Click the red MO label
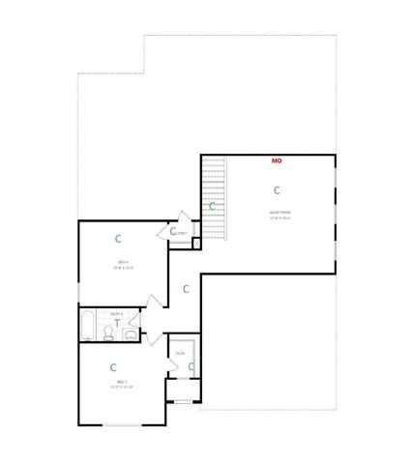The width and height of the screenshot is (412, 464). [x=277, y=160]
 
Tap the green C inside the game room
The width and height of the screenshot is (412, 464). [x=277, y=190]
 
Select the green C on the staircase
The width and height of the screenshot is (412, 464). [x=212, y=206]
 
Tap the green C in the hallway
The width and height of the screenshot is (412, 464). [x=186, y=288]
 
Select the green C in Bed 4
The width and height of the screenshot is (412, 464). [x=118, y=238]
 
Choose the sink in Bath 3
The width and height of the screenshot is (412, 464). [x=131, y=334]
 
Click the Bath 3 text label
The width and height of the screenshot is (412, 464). [x=116, y=313]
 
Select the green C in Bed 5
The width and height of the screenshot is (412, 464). [x=113, y=367]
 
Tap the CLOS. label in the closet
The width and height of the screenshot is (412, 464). [x=180, y=354]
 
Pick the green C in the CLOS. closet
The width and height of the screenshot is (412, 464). [x=191, y=366]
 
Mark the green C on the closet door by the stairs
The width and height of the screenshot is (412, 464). [x=173, y=231]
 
